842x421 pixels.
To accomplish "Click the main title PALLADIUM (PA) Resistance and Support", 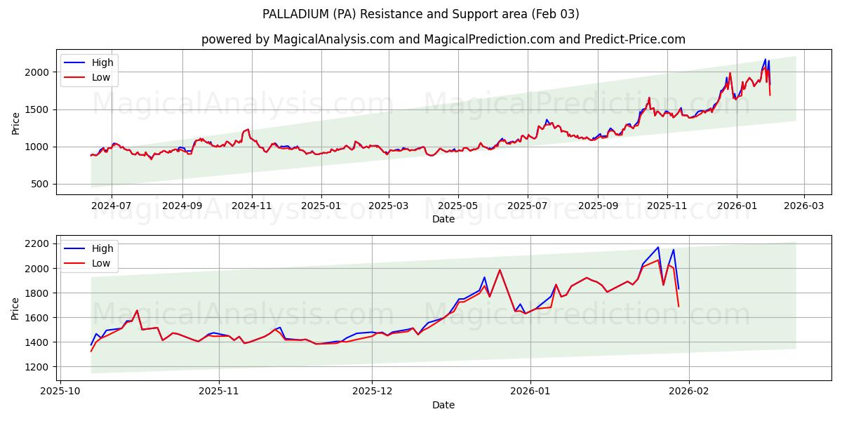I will click(x=420, y=14).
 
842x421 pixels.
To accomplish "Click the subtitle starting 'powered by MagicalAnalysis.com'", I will click(x=443, y=39).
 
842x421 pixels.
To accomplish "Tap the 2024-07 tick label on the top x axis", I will click(x=111, y=206).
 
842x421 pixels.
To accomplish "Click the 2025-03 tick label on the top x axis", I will click(x=389, y=206).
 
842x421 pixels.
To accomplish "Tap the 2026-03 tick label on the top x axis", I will click(x=804, y=206).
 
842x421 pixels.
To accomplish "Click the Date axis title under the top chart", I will click(x=443, y=219).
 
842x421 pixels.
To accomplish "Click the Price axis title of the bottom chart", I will click(x=15, y=307).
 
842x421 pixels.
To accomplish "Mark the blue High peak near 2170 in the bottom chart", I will click(x=657, y=247).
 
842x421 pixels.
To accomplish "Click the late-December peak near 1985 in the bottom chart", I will click(x=500, y=270).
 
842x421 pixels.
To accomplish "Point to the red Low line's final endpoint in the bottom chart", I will click(x=679, y=306).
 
